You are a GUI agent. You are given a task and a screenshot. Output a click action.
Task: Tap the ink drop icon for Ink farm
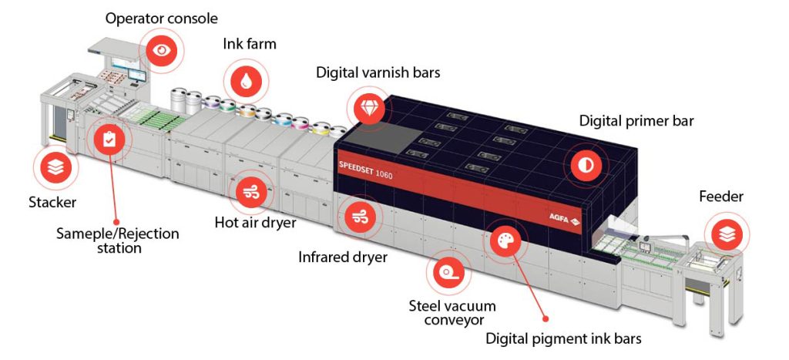(x=246, y=80)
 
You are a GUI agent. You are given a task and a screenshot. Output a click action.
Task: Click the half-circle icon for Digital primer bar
(x=585, y=164)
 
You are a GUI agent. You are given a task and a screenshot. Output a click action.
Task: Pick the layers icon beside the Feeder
(x=727, y=233)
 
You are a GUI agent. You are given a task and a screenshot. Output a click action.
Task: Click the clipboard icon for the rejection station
(x=109, y=140)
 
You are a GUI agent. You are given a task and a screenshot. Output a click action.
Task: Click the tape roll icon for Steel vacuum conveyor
(x=448, y=271)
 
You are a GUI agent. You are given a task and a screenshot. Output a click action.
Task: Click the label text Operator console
(x=161, y=17)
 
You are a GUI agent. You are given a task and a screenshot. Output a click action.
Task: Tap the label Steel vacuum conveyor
(x=452, y=312)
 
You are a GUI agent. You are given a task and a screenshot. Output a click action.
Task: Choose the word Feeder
(x=720, y=197)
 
